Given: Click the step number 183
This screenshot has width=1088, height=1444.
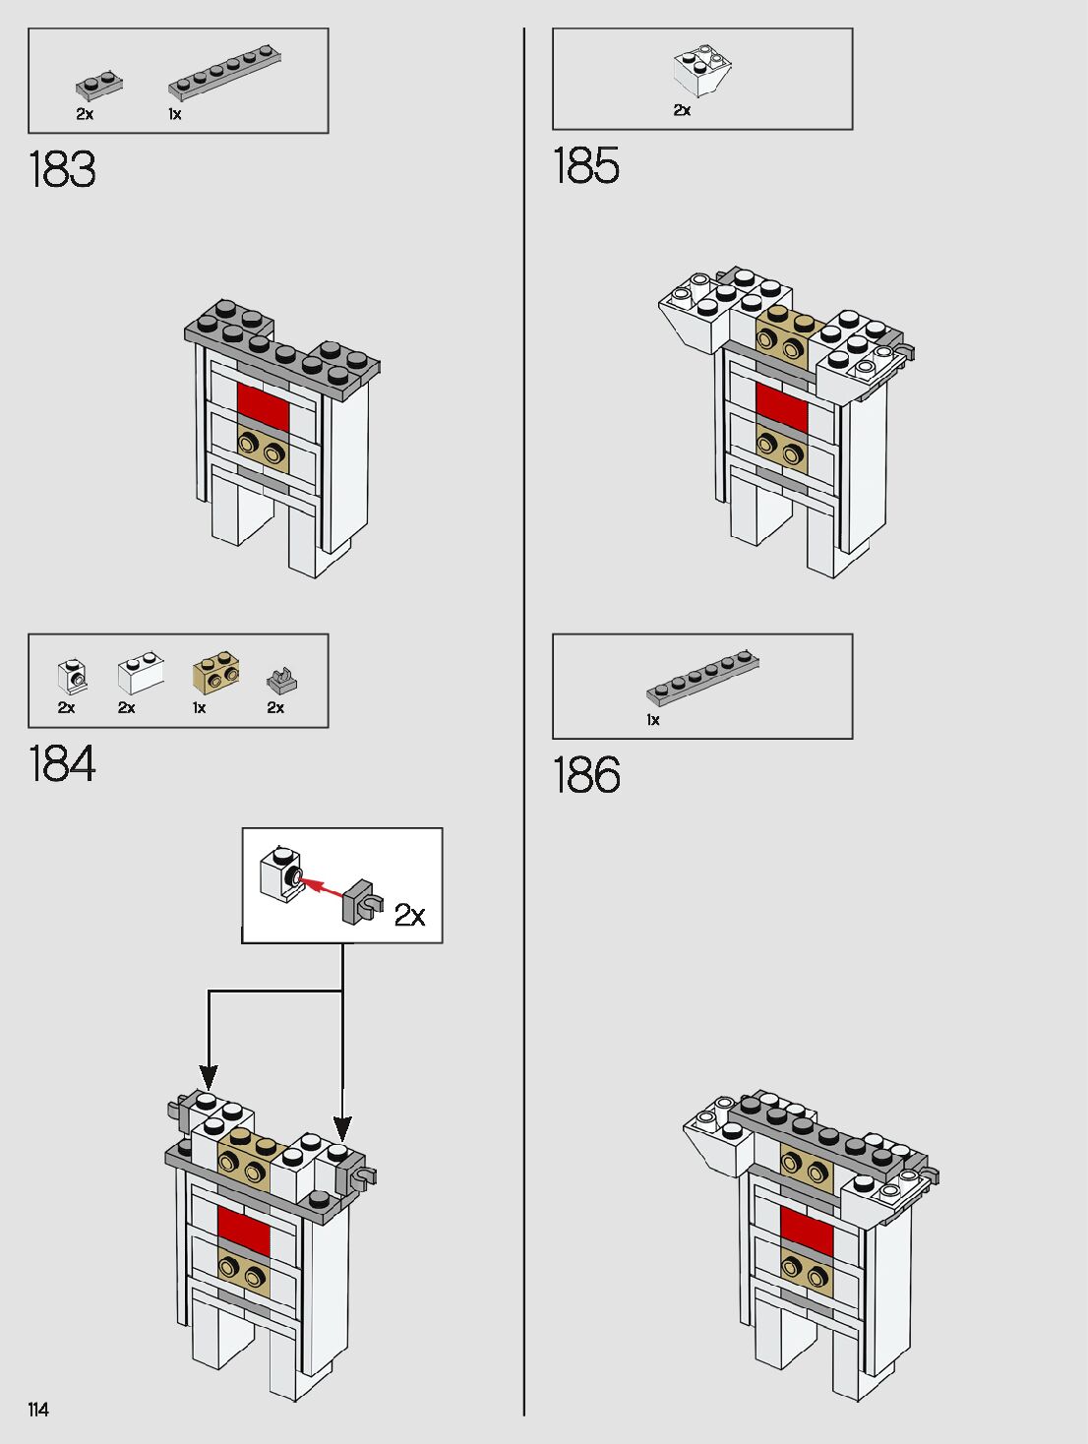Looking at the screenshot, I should tap(62, 169).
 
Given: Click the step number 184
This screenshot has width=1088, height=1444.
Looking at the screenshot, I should tap(62, 764).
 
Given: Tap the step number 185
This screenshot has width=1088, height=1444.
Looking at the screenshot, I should tap(586, 165).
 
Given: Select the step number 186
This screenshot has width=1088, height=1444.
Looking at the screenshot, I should tap(586, 775).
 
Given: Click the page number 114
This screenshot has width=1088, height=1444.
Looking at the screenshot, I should tap(38, 1410).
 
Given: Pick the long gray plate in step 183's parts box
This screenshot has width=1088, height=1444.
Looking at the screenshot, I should tap(226, 73).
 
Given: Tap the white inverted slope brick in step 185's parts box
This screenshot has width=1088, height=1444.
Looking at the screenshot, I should tap(701, 72).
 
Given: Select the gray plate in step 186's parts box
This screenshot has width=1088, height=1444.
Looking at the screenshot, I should tap(702, 678).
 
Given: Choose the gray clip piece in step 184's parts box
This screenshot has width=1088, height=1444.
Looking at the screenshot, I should tap(281, 681).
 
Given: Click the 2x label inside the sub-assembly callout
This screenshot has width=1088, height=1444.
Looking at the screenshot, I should tap(409, 915).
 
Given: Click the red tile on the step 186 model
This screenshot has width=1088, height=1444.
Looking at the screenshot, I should tap(807, 1231).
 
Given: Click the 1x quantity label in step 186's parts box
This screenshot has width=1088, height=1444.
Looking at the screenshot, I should tap(653, 720).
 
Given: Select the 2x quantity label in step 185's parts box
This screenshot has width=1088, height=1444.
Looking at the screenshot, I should tap(682, 110).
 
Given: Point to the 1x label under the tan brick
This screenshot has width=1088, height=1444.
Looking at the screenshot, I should tap(200, 707).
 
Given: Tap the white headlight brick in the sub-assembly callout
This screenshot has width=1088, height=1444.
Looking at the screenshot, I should tap(278, 873).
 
